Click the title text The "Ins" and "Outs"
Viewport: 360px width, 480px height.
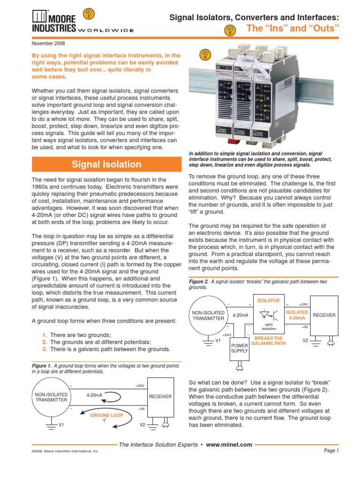[x=293, y=29]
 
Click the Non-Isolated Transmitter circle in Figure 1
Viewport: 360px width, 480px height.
[x=52, y=397]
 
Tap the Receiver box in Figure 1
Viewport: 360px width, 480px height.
[x=160, y=397]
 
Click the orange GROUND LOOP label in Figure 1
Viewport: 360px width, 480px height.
[x=107, y=415]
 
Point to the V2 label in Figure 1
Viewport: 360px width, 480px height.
[x=143, y=425]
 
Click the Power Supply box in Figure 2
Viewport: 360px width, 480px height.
[x=240, y=348]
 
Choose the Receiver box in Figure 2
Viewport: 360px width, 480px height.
[x=324, y=315]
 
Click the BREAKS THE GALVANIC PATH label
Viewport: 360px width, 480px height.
[x=269, y=341]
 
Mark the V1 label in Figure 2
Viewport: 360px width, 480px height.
[x=217, y=340]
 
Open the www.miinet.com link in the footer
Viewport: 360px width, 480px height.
[x=229, y=445]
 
